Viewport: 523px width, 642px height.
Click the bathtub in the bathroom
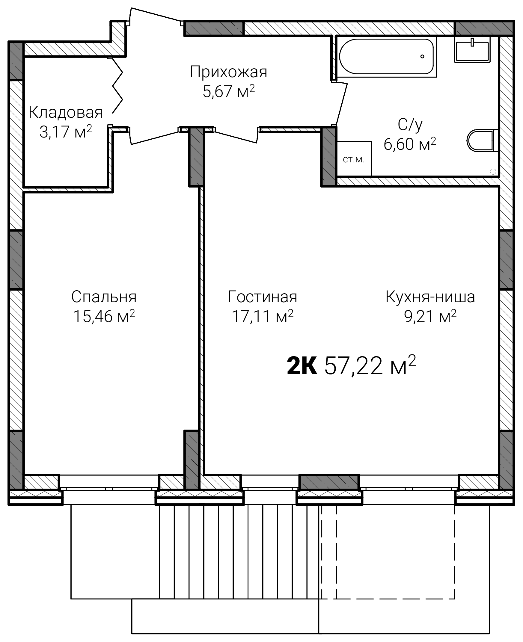386,56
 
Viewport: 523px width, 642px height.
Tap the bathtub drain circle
422,56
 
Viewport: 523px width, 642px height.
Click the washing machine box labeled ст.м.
354,158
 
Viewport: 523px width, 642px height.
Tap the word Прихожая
228,72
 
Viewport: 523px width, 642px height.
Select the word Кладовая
66,113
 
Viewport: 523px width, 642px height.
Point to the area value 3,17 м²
66,132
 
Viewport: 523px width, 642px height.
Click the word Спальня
104,297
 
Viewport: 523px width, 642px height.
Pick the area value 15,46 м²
104,316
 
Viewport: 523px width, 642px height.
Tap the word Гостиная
263,297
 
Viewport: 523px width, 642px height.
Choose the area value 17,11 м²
263,316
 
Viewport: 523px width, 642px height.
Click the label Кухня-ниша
430,297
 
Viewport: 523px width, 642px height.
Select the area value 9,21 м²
430,316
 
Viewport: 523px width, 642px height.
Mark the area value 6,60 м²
410,144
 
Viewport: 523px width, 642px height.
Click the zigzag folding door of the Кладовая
118,85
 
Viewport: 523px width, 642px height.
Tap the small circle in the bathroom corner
493,172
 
